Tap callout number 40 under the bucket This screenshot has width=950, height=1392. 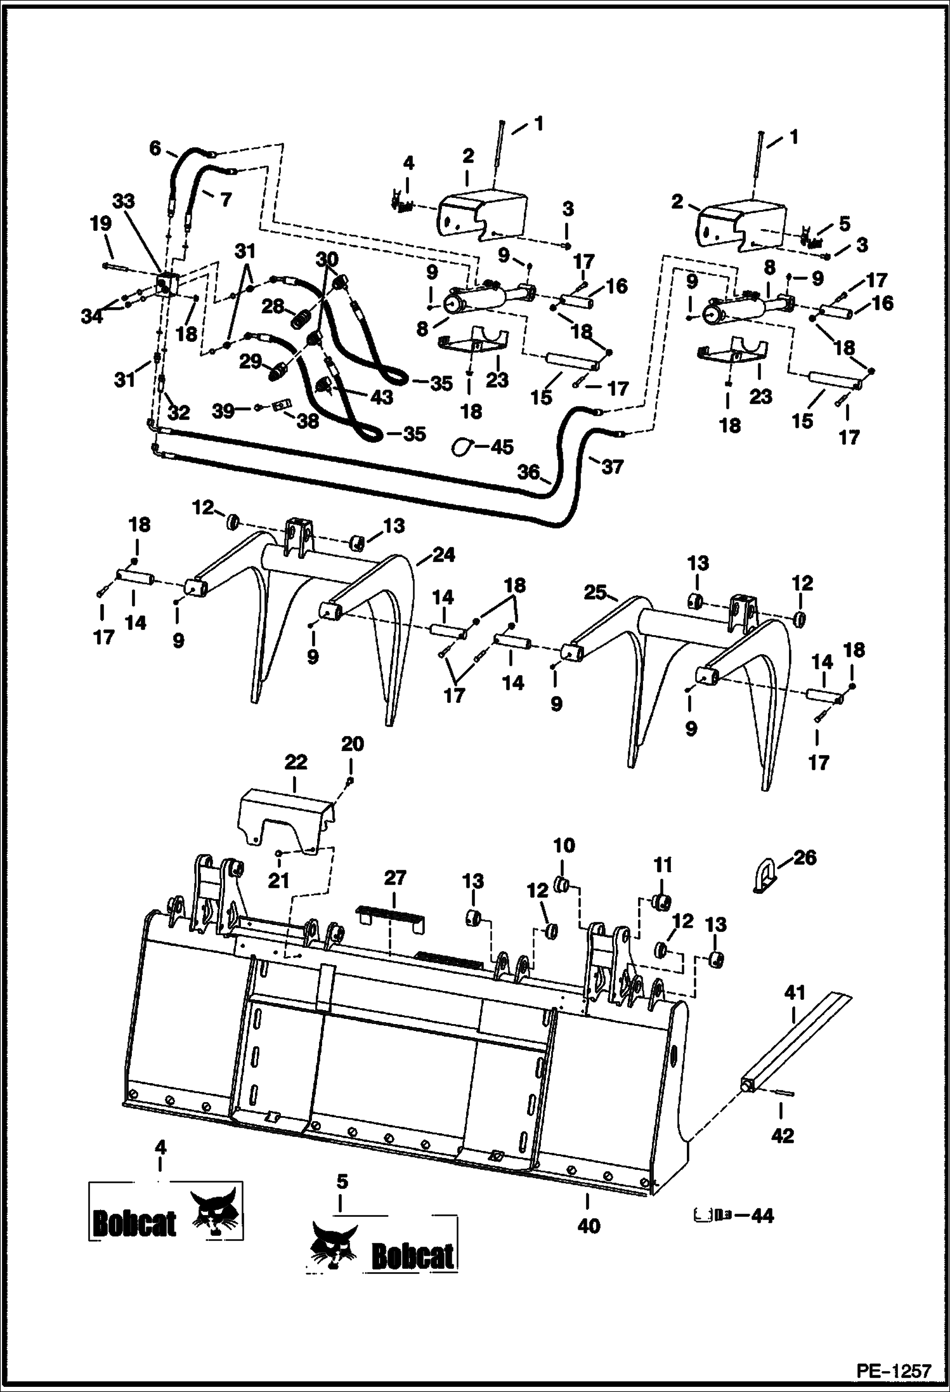[x=588, y=1226]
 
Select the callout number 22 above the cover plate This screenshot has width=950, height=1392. [x=296, y=761]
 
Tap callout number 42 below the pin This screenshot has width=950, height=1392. [x=783, y=1135]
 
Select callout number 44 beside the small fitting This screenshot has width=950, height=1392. [x=762, y=1215]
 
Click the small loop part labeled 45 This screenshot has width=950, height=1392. [x=460, y=447]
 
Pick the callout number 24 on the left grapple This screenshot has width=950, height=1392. [x=443, y=555]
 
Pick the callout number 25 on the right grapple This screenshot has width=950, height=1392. [x=595, y=593]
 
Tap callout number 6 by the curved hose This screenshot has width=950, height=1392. [x=155, y=148]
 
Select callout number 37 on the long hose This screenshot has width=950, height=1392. [x=612, y=467]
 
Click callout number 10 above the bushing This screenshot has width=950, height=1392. [x=564, y=846]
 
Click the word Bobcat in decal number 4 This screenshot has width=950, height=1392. [x=134, y=1221]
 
